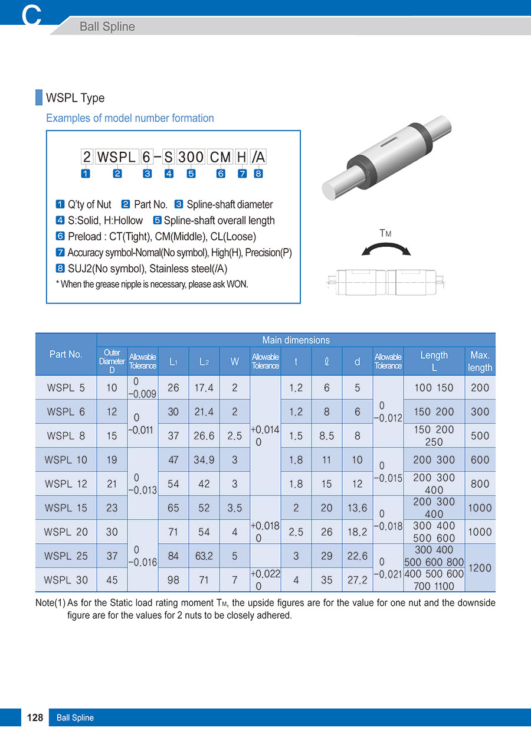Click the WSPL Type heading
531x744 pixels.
tap(75, 98)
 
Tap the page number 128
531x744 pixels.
tap(35, 717)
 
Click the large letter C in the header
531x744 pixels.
tap(32, 15)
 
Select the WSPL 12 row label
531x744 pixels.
tap(66, 484)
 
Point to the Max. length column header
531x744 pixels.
tap(480, 361)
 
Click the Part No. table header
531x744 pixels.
tap(66, 354)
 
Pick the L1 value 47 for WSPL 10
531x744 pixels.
tap(173, 459)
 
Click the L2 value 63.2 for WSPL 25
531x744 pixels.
tap(204, 556)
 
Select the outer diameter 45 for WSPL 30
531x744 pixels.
tap(112, 580)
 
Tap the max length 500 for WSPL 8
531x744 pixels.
tap(480, 436)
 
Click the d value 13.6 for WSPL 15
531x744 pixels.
tap(357, 508)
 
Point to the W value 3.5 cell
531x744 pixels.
tap(235, 508)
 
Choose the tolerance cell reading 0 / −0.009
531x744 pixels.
tap(143, 388)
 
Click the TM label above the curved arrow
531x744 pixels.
tap(385, 234)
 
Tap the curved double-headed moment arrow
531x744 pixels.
tap(386, 250)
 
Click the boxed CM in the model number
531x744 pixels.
tap(221, 157)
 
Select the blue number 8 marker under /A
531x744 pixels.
tap(258, 174)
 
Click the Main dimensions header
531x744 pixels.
tap(296, 340)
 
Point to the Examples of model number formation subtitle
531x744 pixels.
tap(130, 118)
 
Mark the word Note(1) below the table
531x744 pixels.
tap(50, 603)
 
